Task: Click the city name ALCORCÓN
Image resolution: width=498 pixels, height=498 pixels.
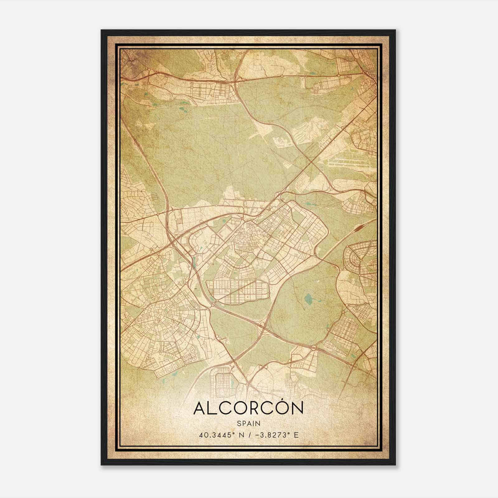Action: click(x=248, y=408)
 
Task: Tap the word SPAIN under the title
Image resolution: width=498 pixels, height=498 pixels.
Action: click(x=248, y=423)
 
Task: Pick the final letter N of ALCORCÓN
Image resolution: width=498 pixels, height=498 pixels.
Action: click(x=297, y=409)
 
